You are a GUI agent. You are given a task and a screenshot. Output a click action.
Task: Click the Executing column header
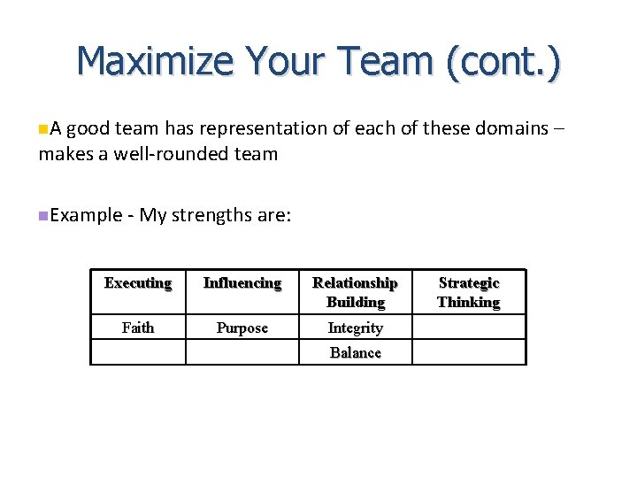[x=137, y=283]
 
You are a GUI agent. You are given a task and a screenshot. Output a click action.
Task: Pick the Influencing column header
[x=242, y=283]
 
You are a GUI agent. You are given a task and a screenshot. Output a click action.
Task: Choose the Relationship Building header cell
[x=355, y=292]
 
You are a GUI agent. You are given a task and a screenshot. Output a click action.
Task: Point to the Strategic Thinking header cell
[x=468, y=292]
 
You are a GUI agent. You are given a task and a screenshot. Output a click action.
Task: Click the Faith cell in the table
[x=137, y=328]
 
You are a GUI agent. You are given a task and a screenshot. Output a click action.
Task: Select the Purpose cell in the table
[x=242, y=328]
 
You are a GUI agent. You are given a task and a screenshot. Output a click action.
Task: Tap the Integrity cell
[x=355, y=328]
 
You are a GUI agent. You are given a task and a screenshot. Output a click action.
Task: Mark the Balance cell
[x=355, y=352]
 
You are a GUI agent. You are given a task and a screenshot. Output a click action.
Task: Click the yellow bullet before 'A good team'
[x=43, y=129]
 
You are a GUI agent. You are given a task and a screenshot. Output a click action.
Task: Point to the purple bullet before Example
[x=43, y=216]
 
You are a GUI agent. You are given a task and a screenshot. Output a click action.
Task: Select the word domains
[x=510, y=128]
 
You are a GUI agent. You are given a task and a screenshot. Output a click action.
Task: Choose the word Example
[x=87, y=215]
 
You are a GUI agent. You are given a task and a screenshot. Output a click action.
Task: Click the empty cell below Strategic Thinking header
[x=468, y=328]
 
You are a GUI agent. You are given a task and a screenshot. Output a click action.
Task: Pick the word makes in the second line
[x=62, y=154]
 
